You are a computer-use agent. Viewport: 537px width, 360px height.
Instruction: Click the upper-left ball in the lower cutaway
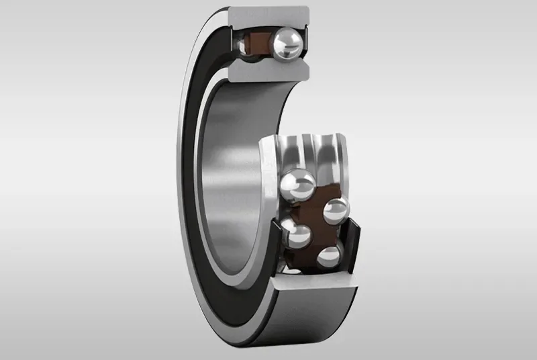[297, 184]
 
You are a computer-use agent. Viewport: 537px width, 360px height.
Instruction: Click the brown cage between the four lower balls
[315, 222]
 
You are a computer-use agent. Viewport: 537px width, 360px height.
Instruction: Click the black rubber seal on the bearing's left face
[194, 175]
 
